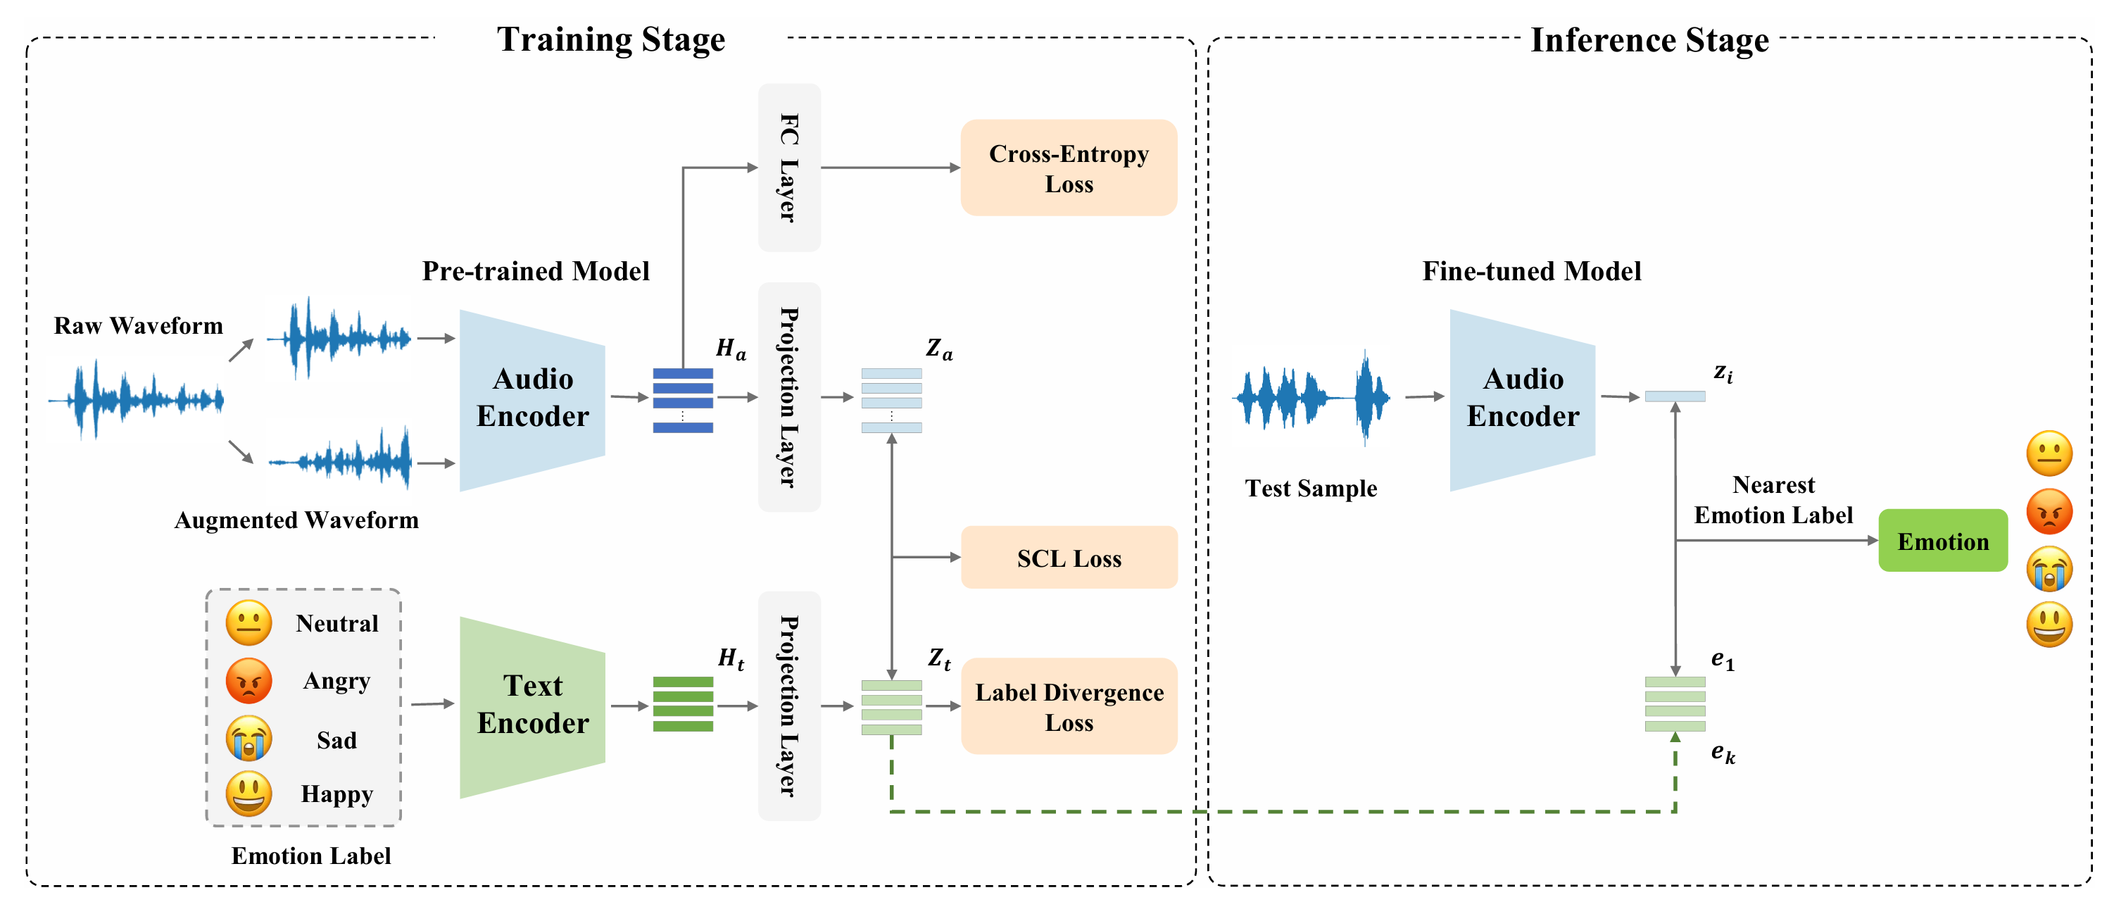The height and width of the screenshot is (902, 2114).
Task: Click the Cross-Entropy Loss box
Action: pos(1069,168)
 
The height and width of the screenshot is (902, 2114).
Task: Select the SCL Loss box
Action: pos(1069,558)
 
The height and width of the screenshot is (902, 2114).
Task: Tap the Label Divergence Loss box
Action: pos(1069,707)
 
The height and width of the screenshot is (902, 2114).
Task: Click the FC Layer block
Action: pos(788,168)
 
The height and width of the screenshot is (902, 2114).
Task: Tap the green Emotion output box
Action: pos(1942,541)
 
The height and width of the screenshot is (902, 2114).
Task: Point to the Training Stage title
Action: pos(610,39)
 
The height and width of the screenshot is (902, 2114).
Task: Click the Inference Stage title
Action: pos(1649,39)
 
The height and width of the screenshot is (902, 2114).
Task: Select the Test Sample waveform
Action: pos(1311,397)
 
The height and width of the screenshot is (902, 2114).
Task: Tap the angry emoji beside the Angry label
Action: pos(248,680)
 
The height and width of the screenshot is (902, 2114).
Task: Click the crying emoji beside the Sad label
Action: pos(248,738)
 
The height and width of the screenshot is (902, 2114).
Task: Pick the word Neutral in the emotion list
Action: pos(336,624)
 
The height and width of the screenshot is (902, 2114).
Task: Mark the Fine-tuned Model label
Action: pos(1531,271)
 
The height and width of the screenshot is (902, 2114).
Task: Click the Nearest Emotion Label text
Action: pos(1773,500)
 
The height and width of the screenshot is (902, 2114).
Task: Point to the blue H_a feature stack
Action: pos(683,400)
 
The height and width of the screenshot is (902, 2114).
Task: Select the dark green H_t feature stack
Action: pos(683,704)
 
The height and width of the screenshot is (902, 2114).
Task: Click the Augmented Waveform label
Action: pos(296,520)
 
